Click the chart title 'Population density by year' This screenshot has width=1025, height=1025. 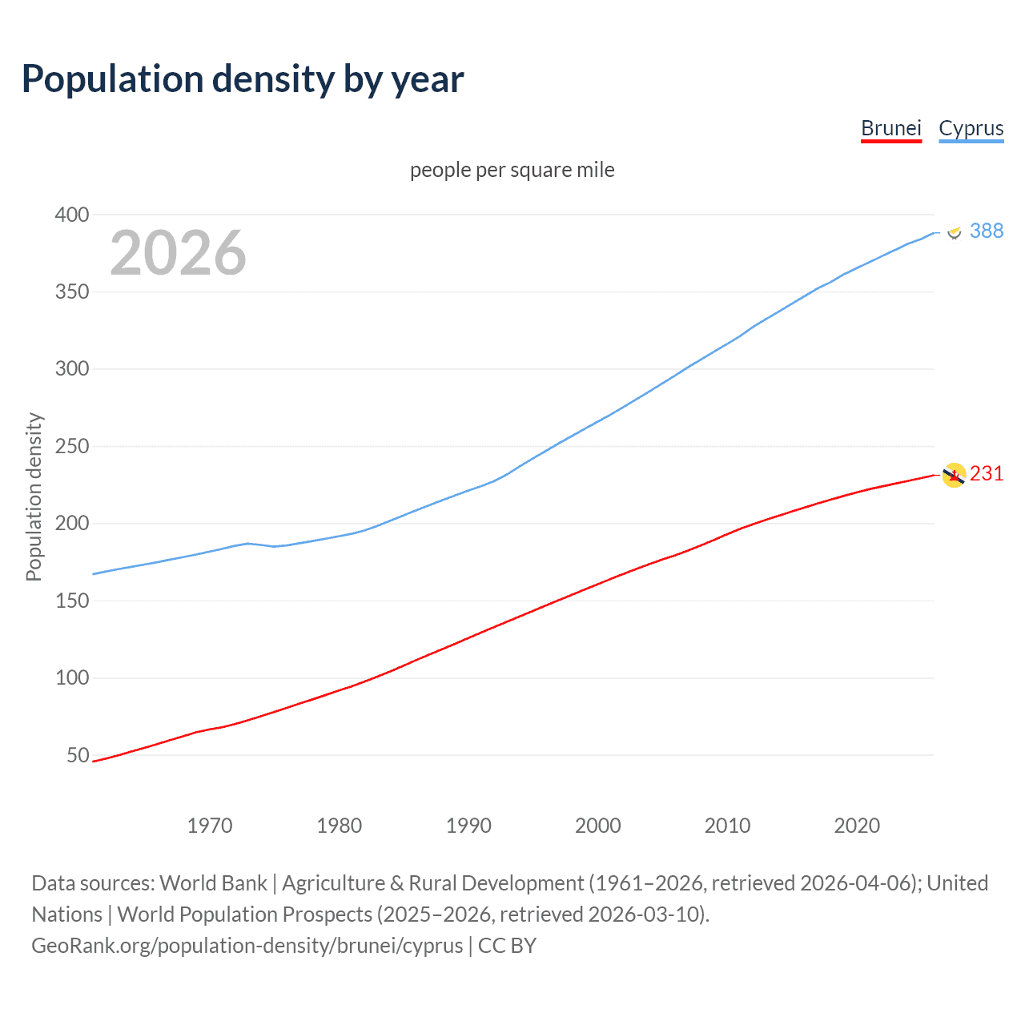click(243, 78)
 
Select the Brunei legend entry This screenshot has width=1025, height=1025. click(890, 128)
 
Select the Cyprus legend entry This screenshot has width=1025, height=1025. click(971, 128)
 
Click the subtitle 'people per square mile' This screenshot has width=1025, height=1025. click(512, 170)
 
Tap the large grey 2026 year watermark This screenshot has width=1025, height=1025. click(178, 253)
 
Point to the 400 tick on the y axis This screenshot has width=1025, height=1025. click(72, 215)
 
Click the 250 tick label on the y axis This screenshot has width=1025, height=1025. click(72, 446)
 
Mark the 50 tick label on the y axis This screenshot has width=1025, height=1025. click(78, 755)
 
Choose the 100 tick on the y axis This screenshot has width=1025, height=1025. click(72, 677)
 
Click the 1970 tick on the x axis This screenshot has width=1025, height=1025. click(210, 826)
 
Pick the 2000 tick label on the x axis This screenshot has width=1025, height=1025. click(597, 826)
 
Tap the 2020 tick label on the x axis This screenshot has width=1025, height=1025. click(857, 826)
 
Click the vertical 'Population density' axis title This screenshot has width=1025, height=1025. click(34, 496)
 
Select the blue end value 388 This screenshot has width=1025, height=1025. click(986, 231)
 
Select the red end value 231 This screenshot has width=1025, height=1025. click(986, 473)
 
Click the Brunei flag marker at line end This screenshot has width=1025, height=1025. click(954, 475)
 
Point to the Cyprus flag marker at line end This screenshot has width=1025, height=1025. click(954, 231)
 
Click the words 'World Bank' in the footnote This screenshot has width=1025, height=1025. click(213, 882)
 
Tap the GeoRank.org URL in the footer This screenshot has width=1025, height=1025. click(247, 945)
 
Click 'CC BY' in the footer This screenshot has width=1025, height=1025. click(507, 945)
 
